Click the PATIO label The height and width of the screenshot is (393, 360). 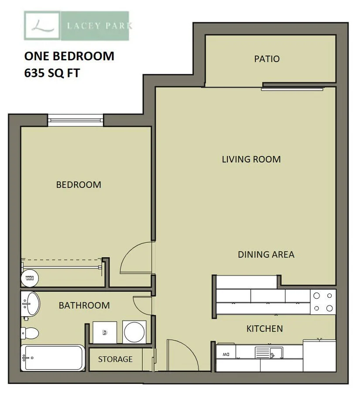click(267, 59)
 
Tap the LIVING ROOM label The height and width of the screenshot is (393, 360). click(251, 159)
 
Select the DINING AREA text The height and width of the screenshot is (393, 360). click(266, 255)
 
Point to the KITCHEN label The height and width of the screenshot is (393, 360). click(264, 328)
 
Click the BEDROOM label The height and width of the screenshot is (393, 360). click(79, 185)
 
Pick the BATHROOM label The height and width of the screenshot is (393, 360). click(84, 306)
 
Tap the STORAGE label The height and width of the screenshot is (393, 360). click(115, 359)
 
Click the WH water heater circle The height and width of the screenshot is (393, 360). click(30, 278)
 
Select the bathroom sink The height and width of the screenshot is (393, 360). click(31, 304)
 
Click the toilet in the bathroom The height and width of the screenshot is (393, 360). click(30, 333)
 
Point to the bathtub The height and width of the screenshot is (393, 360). click(53, 358)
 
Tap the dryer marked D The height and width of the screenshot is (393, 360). click(105, 332)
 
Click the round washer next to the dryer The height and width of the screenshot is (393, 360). click(134, 332)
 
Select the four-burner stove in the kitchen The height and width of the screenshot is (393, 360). click(323, 302)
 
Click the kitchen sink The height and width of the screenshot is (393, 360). click(269, 352)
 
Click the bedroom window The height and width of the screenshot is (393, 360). click(75, 121)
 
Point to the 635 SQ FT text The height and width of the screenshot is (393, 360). click(52, 73)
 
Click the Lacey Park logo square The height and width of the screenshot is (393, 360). click(42, 26)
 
